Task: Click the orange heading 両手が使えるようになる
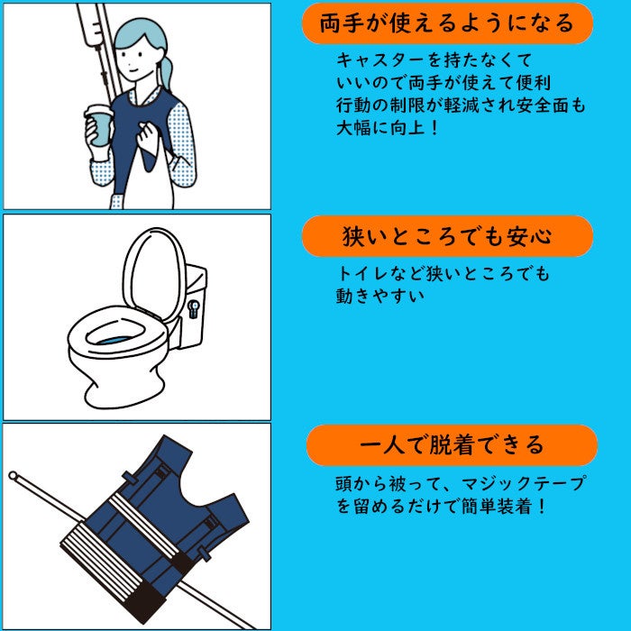[x=447, y=23]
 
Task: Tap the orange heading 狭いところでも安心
[x=447, y=236]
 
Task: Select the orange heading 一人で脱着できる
[x=452, y=445]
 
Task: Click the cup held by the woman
[x=99, y=124]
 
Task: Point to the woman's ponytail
[x=166, y=71]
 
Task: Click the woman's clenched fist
[x=148, y=137]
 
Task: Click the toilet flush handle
[x=194, y=308]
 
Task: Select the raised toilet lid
[x=154, y=274]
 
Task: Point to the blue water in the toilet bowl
[x=116, y=341]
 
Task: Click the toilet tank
[x=192, y=306]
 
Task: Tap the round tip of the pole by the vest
[x=13, y=475]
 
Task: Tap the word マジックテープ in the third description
[x=523, y=483]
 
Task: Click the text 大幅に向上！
[x=388, y=128]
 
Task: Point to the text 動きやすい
[x=380, y=297]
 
